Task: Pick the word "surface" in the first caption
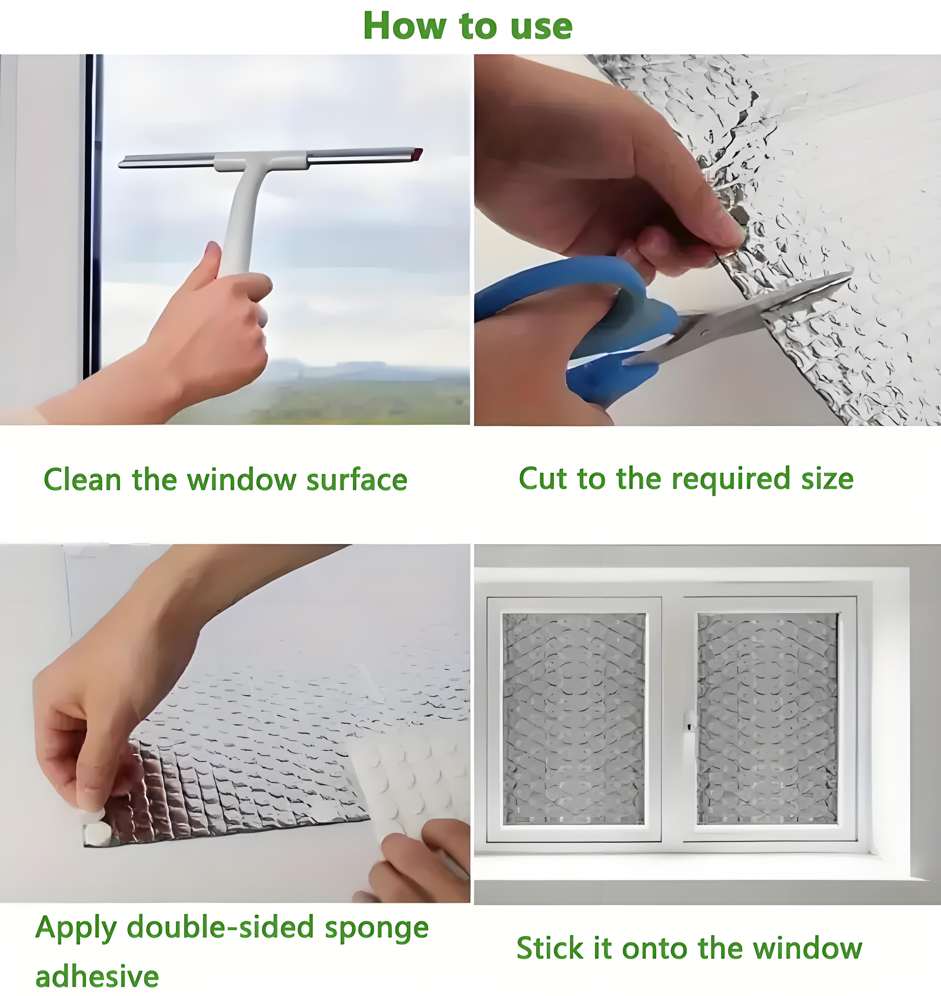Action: (357, 480)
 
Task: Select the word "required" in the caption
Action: (732, 479)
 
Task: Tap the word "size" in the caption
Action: (827, 478)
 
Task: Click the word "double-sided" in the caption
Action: (221, 927)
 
